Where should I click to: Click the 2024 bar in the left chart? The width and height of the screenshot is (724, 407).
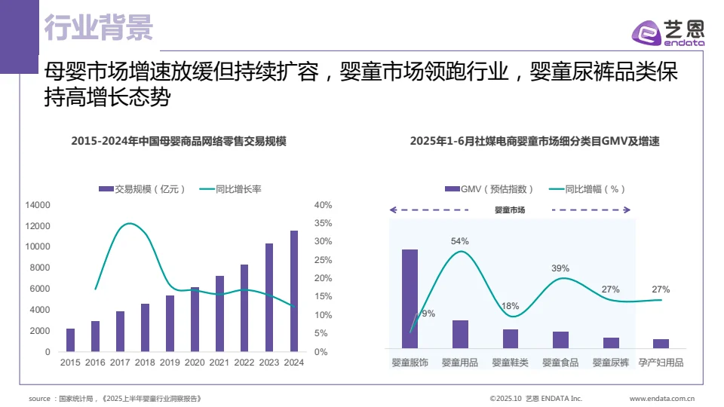pos(294,291)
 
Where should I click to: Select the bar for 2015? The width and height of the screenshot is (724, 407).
pos(70,340)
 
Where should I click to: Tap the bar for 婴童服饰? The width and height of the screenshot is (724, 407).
pos(410,298)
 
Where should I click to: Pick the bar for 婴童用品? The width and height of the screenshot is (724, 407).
pos(460,334)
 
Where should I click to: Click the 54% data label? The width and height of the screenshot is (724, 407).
pos(460,241)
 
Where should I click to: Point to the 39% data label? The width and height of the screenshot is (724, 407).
pos(560,268)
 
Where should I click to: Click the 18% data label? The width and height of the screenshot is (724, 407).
pos(511,306)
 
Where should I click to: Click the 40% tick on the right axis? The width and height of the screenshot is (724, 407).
pos(323,205)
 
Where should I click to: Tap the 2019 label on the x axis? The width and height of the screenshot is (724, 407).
pos(170,363)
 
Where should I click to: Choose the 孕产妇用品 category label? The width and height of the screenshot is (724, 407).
pos(661,363)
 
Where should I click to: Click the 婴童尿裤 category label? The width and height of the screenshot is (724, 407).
pos(611,363)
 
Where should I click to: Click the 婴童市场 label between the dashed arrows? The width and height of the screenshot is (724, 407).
pos(509,210)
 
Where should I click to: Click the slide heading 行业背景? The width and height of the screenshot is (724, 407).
pos(98,28)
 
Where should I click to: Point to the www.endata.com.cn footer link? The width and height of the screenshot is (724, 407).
pos(661,398)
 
